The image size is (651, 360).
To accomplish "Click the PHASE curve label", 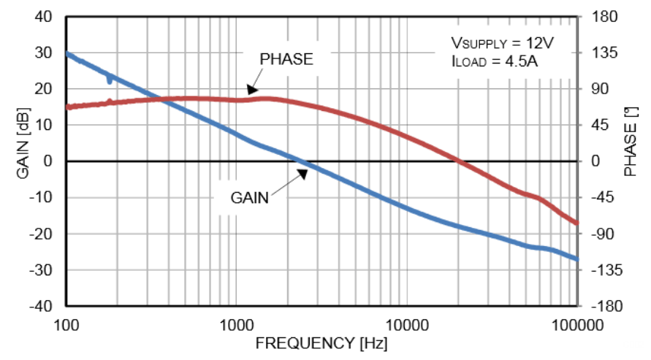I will [x=287, y=60].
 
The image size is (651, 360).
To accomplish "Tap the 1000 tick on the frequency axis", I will [x=236, y=323].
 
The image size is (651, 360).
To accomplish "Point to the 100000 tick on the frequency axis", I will [x=576, y=323].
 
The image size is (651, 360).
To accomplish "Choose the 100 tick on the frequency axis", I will [x=66, y=323].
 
